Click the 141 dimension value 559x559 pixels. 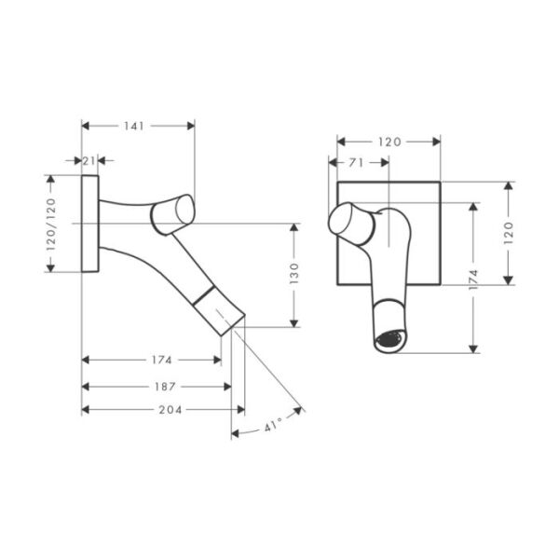[137, 126]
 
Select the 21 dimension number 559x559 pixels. [89, 161]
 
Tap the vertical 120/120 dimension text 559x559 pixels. [52, 224]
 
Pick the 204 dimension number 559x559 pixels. [170, 409]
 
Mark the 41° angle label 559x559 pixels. [272, 428]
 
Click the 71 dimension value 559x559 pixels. [355, 161]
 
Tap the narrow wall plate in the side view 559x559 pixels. [90, 224]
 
